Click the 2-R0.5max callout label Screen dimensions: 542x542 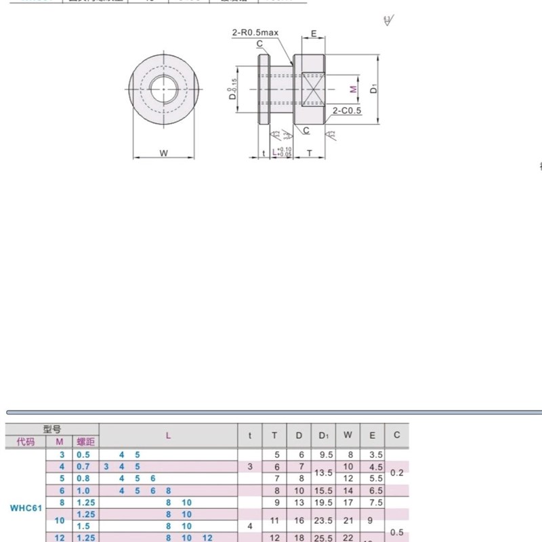pos(255,32)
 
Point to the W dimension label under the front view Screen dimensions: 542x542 pos(163,153)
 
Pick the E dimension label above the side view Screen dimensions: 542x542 pos(313,33)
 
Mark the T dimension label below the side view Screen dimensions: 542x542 pos(310,154)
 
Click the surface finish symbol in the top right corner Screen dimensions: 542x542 pos(387,20)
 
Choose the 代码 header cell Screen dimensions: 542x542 pos(25,442)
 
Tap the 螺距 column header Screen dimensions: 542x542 pos(85,442)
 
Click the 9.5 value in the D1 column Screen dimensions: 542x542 pos(323,455)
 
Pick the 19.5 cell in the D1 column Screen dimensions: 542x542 pos(323,503)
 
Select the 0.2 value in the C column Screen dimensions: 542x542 pos(397,473)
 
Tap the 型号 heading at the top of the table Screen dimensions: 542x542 pos(52,429)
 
